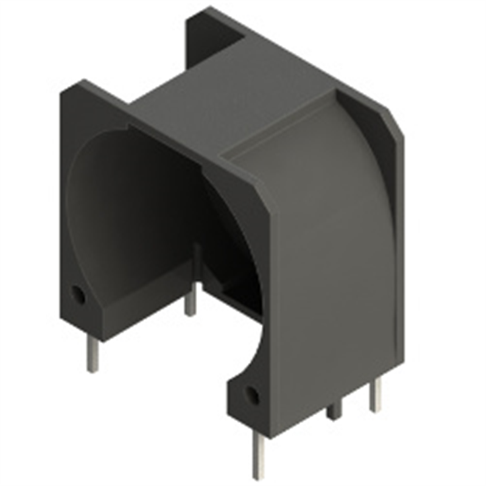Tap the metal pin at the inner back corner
point(191,301)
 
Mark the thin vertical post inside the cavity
point(197,262)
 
